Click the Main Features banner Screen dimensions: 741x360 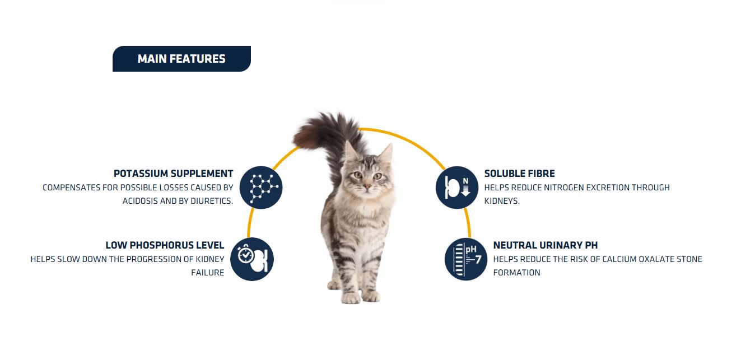click(181, 59)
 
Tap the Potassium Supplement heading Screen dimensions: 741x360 click(173, 174)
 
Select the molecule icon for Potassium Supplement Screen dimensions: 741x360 click(261, 188)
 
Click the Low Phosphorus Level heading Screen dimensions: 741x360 click(165, 245)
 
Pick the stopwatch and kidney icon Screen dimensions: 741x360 click(252, 259)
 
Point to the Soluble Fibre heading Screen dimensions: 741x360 click(519, 174)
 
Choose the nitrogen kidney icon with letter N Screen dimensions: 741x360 click(457, 188)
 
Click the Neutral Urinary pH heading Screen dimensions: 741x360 click(546, 245)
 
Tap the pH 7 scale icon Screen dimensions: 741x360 click(466, 259)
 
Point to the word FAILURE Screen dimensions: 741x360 click(207, 273)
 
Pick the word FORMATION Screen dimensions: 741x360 click(517, 273)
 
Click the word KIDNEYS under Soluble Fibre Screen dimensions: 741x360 click(502, 201)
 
